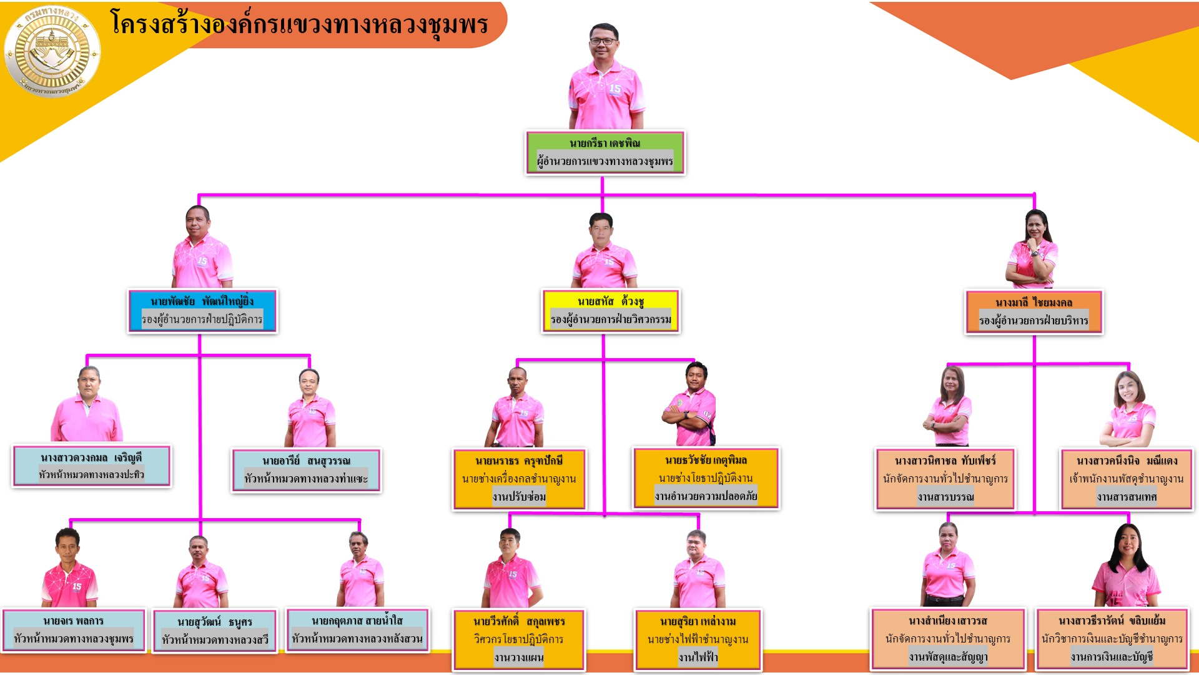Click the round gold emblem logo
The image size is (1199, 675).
pyautogui.click(x=52, y=52)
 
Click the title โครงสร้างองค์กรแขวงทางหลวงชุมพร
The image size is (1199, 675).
pyautogui.click(x=299, y=25)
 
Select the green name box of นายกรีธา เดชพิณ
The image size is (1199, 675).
pyautogui.click(x=605, y=152)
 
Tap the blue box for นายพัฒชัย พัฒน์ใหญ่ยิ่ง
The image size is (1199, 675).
pyautogui.click(x=202, y=311)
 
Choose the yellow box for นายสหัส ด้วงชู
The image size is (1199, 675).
pyautogui.click(x=611, y=311)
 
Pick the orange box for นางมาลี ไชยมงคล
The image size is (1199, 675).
pyautogui.click(x=1034, y=312)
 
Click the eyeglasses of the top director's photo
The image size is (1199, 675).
pyautogui.click(x=603, y=41)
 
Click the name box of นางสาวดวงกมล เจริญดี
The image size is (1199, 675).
pyautogui.click(x=91, y=466)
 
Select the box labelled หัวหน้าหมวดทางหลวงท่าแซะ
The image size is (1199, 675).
pyautogui.click(x=306, y=471)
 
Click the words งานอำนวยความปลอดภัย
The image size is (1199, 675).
pyautogui.click(x=706, y=496)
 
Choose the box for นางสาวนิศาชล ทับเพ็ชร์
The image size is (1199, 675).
pyautogui.click(x=945, y=479)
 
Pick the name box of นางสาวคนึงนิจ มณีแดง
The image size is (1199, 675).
pyautogui.click(x=1127, y=479)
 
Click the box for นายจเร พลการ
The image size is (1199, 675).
pyautogui.click(x=74, y=631)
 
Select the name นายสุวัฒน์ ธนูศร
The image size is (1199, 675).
pyautogui.click(x=214, y=622)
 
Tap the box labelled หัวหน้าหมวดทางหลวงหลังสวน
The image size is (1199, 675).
pyautogui.click(x=357, y=630)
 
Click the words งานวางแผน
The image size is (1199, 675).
pyautogui.click(x=519, y=657)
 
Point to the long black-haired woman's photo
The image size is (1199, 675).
pyautogui.click(x=1127, y=566)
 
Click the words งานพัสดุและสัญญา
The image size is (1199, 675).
pyautogui.click(x=948, y=657)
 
